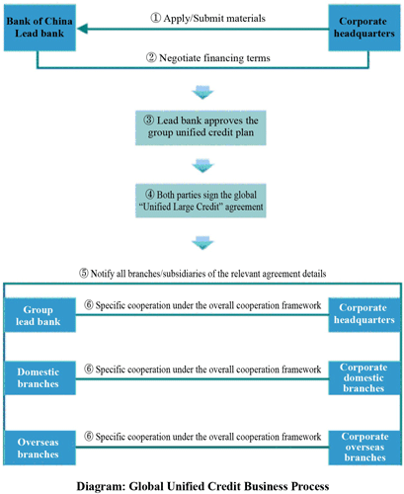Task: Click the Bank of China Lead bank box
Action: click(x=40, y=28)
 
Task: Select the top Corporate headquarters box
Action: click(x=364, y=28)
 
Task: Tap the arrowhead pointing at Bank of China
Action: click(x=82, y=29)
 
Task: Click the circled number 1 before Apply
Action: click(x=155, y=18)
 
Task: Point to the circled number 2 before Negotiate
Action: click(x=151, y=57)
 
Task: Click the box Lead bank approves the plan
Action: click(x=201, y=127)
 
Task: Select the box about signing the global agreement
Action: click(x=201, y=201)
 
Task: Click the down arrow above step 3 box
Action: click(x=202, y=93)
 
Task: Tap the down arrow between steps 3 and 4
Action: click(x=202, y=166)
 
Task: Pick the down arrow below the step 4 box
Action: click(x=202, y=243)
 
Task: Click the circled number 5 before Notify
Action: click(x=84, y=274)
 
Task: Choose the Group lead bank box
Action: click(x=40, y=315)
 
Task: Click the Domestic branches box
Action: click(x=40, y=377)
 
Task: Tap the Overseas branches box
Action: click(x=40, y=448)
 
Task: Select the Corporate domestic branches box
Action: click(x=364, y=377)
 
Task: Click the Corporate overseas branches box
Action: click(x=364, y=448)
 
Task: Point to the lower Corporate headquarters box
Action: click(x=364, y=315)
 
